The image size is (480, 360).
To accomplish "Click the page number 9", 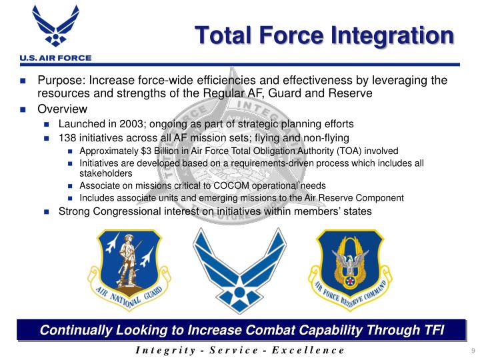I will tap(472, 351).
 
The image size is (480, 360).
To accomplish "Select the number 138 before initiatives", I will tap(69, 138).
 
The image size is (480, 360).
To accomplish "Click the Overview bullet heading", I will tap(62, 109).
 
